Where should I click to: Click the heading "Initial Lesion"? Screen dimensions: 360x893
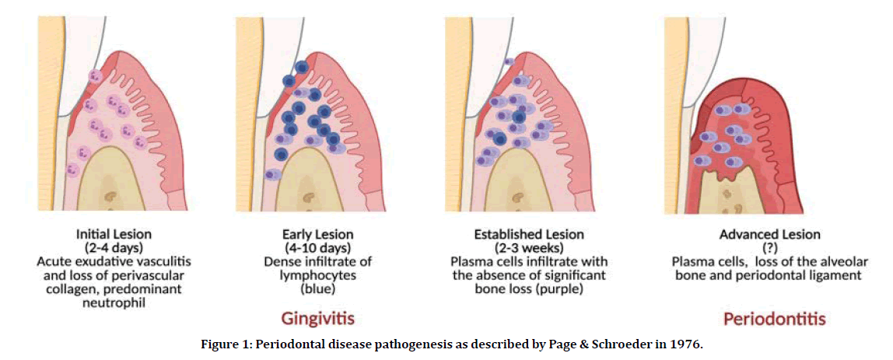pos(114,233)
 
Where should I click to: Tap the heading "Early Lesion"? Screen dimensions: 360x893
pos(317,234)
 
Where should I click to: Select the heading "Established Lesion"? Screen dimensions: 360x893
pos(527,234)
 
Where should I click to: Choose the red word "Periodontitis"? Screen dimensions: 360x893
pos(774,319)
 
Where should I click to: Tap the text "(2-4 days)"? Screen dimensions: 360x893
pos(114,247)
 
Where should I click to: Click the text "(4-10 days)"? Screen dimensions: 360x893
pos(317,248)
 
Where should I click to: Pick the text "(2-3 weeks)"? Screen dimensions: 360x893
pos(527,248)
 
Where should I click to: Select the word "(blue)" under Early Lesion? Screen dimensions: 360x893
pos(317,290)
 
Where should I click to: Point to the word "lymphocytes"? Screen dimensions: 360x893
pos(317,276)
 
